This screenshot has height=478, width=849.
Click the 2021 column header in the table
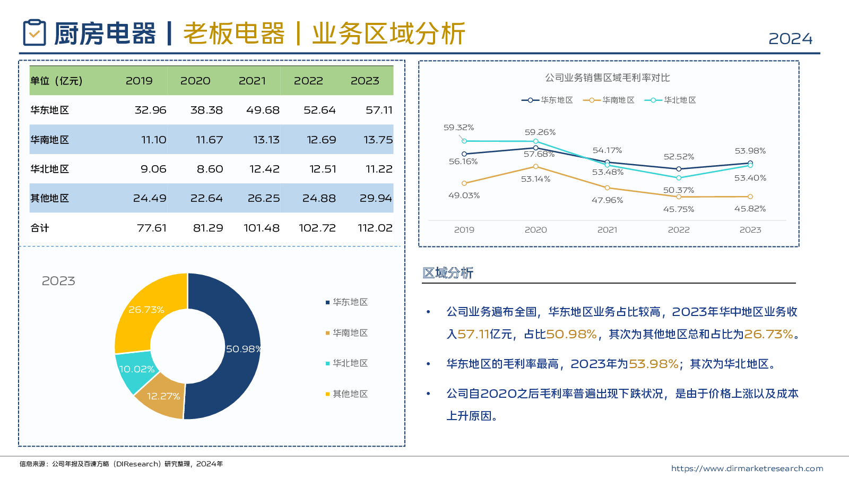tap(252, 81)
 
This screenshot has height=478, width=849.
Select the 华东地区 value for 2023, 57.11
tap(379, 110)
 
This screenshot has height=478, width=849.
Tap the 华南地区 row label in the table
tap(50, 140)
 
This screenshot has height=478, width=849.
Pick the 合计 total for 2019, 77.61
tap(152, 228)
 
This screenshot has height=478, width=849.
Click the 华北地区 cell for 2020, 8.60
tap(210, 169)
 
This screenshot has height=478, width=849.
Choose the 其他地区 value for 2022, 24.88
tap(319, 198)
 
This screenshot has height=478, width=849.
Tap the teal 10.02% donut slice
tap(133, 370)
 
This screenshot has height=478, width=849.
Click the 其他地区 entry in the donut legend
tap(350, 394)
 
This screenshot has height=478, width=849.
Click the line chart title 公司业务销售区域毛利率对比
tap(608, 78)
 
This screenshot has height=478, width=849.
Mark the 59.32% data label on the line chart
tap(458, 127)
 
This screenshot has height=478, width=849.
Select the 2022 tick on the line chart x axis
tap(679, 230)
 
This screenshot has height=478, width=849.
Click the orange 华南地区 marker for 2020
tap(535, 167)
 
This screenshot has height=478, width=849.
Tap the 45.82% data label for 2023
tap(750, 209)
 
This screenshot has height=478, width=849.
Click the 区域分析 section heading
tap(448, 273)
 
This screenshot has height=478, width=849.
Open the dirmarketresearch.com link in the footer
tap(747, 468)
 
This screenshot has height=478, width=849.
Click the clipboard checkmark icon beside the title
tap(34, 33)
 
